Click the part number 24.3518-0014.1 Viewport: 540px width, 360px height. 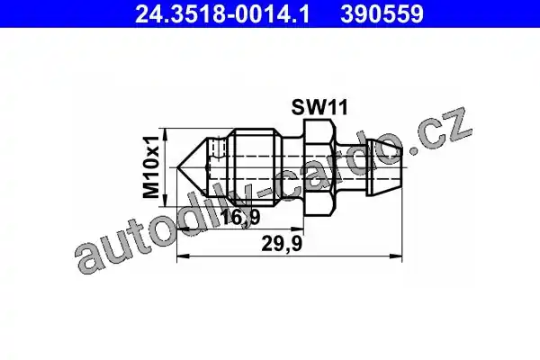coord(222,14)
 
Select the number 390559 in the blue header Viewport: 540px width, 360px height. coord(382,14)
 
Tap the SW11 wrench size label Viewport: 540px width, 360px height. coord(319,107)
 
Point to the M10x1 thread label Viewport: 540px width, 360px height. coord(151,167)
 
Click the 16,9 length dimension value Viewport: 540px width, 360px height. coord(240,217)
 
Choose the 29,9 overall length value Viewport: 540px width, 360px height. coord(282,244)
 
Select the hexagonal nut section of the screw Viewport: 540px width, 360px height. coord(319,167)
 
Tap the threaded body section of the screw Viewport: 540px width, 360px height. coord(254,167)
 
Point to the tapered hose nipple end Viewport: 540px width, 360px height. coord(384,167)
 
